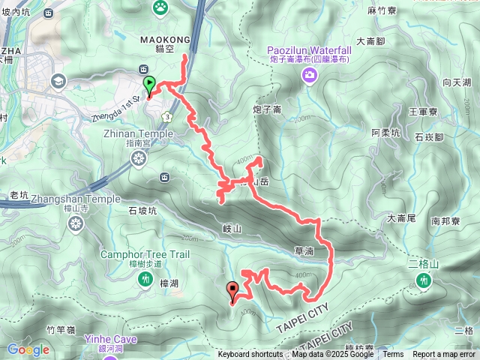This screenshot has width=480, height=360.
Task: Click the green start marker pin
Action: [x=149, y=85]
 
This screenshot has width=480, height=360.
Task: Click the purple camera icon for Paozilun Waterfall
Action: [x=309, y=74]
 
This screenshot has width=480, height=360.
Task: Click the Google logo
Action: [x=28, y=349]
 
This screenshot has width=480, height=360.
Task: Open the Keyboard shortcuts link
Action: [x=250, y=355]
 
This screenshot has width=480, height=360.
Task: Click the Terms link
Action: [x=393, y=355]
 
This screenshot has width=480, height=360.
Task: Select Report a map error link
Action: [x=445, y=355]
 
